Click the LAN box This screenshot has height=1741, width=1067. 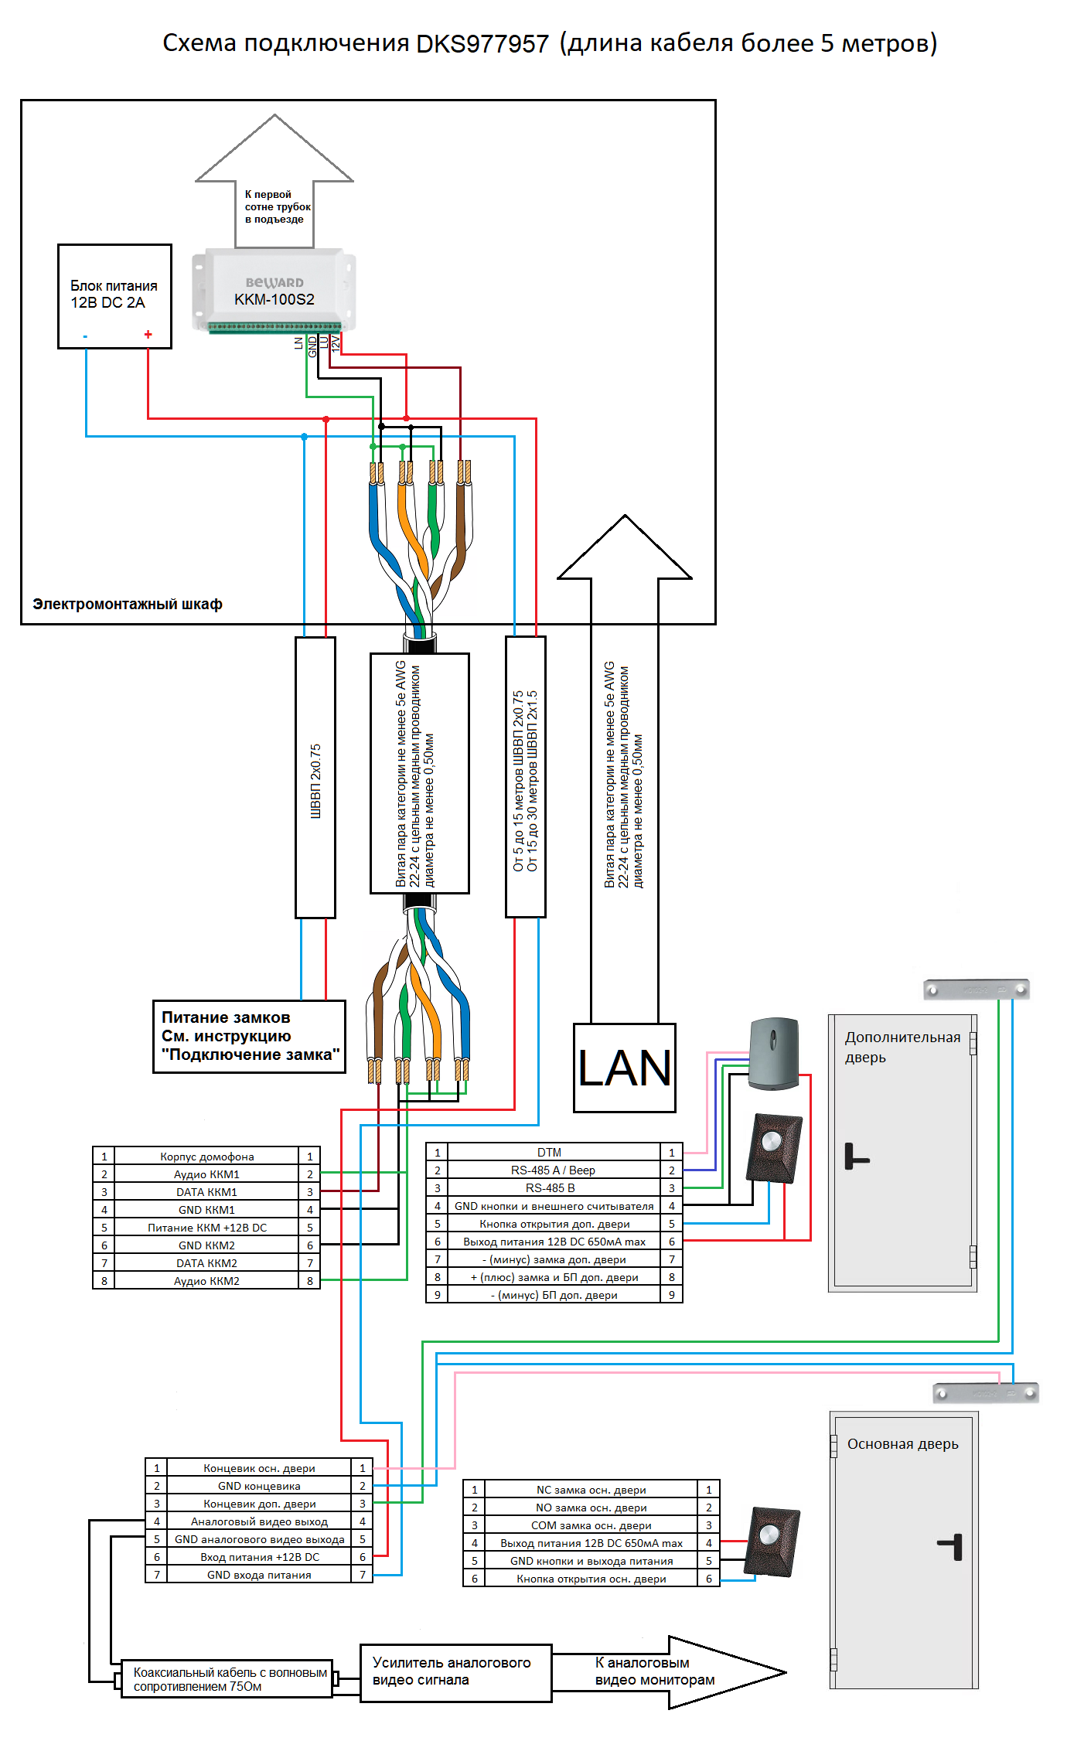[624, 1068]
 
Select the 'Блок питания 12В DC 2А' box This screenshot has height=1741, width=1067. [114, 295]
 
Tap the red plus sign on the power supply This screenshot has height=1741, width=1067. [148, 335]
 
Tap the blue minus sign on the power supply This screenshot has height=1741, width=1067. [85, 336]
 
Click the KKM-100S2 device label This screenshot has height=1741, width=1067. [274, 299]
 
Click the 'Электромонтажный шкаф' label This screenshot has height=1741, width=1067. [128, 604]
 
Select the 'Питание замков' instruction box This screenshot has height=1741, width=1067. [249, 1036]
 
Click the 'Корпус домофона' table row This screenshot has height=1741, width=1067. [206, 1157]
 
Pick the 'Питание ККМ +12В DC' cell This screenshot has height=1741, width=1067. [206, 1228]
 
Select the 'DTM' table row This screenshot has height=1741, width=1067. [549, 1152]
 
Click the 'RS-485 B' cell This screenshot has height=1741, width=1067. [550, 1187]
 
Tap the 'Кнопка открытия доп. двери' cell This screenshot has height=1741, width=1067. [554, 1224]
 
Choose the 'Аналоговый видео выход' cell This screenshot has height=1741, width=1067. [259, 1521]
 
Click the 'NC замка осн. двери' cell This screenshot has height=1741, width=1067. [591, 1490]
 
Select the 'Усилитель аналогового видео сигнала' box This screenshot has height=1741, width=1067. [455, 1672]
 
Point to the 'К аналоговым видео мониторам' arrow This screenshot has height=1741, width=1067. [665, 1671]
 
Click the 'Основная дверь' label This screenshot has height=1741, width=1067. [902, 1444]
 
